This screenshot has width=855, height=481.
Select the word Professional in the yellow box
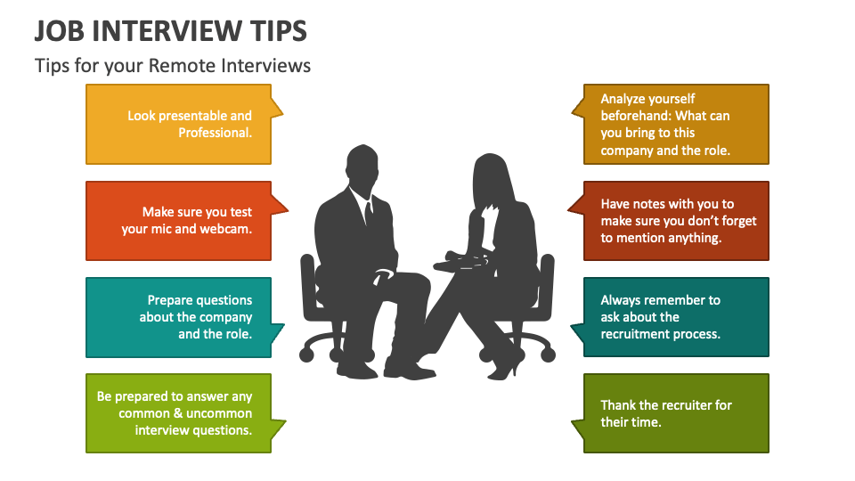[214, 133]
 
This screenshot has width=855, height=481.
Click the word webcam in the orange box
[227, 229]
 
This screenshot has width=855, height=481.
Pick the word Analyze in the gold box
[624, 99]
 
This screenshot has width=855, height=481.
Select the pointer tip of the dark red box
[568, 207]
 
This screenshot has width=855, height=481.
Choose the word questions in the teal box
[225, 300]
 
